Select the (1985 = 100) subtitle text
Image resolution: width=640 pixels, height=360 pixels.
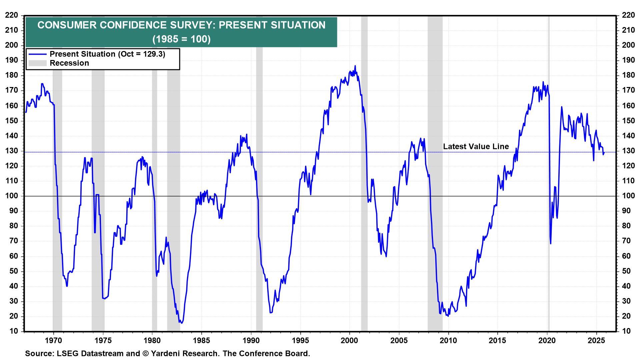(181, 39)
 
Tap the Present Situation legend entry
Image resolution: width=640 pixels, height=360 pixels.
(107, 54)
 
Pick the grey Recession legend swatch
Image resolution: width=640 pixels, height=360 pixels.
(37, 63)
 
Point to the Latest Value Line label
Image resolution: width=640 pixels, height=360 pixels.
(476, 146)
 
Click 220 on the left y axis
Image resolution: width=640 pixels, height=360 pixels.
(12, 15)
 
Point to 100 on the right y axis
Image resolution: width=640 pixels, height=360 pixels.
(628, 196)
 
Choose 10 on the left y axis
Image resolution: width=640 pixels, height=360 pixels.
(14, 331)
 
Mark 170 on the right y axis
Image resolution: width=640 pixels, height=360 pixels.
(628, 90)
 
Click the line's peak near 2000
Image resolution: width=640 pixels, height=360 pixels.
(355, 66)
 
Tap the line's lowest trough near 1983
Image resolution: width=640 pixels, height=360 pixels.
(181, 323)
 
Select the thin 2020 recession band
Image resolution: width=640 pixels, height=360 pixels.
(549, 167)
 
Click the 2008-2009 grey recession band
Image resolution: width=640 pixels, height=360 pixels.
(435, 167)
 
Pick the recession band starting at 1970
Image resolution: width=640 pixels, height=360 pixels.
(57, 167)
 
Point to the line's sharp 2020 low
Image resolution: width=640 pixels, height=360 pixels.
(550, 243)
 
